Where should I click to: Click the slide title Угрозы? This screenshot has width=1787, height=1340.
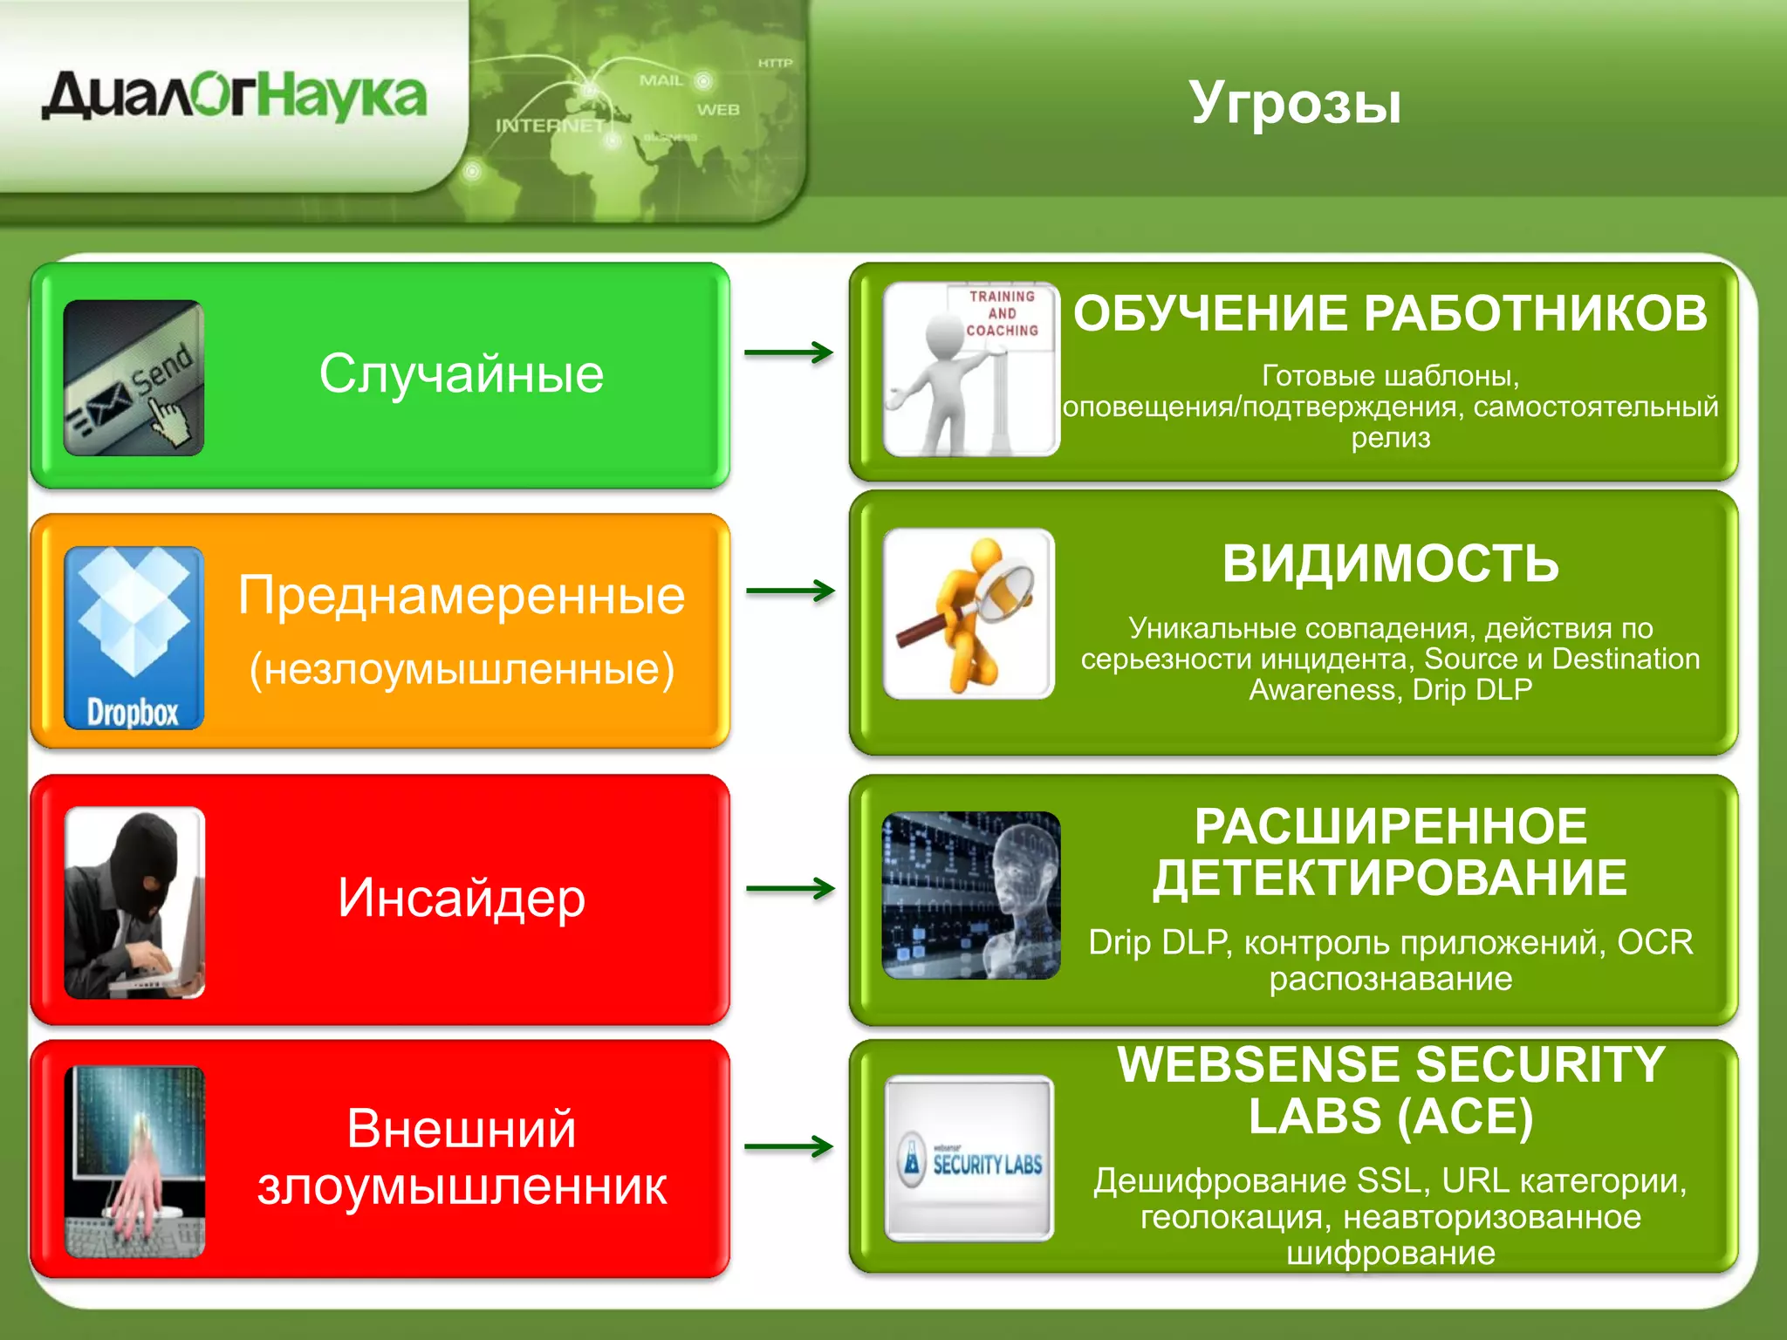pos(1295,103)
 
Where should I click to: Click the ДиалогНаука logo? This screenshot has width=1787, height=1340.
pos(234,96)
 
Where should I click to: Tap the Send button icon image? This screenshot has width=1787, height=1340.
pos(134,378)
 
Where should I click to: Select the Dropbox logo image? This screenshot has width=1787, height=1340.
pos(134,638)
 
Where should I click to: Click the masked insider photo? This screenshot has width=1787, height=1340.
pos(134,902)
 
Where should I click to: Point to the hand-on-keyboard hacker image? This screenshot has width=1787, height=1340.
pos(134,1162)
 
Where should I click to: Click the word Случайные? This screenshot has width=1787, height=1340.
pos(461,374)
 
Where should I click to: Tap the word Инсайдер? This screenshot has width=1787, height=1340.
pos(461,898)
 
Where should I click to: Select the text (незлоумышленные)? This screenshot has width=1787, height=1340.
pos(462,669)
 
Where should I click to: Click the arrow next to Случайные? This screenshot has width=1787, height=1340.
pos(789,352)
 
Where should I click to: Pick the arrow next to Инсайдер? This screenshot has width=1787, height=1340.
pos(791,889)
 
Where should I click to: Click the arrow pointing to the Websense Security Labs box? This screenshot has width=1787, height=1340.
pos(789,1146)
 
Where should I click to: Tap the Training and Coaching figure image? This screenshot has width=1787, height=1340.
pos(970,369)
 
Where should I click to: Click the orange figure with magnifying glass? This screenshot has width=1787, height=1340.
pos(969,614)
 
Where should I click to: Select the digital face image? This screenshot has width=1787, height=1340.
pos(970,896)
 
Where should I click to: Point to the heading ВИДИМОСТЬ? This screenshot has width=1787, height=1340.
pos(1390,564)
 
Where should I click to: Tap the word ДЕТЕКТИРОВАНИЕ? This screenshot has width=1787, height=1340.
pos(1390,878)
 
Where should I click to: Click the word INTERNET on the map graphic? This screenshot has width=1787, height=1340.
pos(550,126)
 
